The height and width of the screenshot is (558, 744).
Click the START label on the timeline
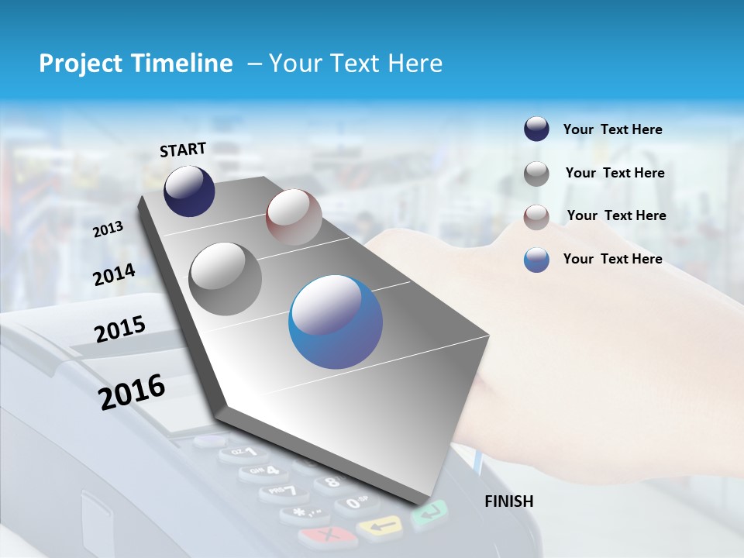coord(183,150)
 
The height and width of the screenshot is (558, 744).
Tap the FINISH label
coord(508,501)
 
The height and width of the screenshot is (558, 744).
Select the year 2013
coord(108,229)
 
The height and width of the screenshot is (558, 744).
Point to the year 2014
coord(115,274)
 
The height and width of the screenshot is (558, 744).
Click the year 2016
coord(132,391)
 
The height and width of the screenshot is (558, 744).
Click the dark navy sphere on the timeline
coord(189,191)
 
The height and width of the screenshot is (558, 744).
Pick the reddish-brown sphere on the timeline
coord(294,217)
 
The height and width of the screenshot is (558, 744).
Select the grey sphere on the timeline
coord(226,278)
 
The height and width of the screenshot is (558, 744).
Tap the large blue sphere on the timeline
coord(336,322)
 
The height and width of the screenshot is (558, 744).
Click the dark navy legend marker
coord(536,129)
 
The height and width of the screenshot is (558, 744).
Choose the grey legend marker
coord(536,174)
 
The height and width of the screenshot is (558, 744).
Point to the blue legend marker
coord(536,260)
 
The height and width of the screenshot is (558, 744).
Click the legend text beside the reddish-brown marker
coord(616,215)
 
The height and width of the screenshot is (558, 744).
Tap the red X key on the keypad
coord(326,535)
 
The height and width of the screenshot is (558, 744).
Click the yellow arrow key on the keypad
coord(379,528)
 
